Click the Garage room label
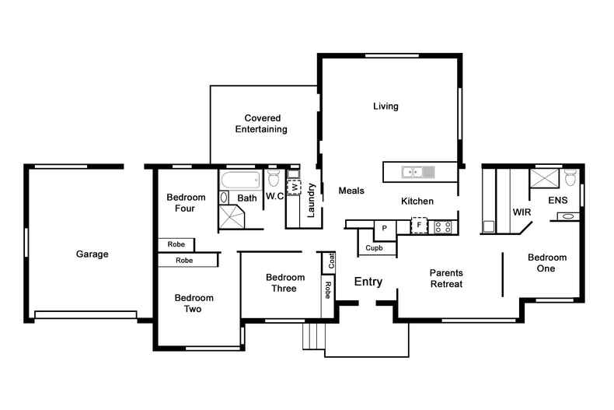(x=92, y=254)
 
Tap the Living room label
(x=385, y=107)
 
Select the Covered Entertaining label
(x=261, y=124)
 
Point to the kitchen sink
(x=418, y=172)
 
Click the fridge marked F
(x=419, y=225)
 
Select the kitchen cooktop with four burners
(x=443, y=227)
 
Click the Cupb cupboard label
(x=374, y=247)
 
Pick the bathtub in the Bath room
(x=241, y=180)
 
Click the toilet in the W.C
(x=274, y=177)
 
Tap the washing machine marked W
(x=294, y=187)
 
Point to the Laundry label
(x=311, y=200)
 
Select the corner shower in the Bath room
(x=232, y=216)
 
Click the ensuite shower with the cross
(x=544, y=178)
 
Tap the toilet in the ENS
(x=570, y=177)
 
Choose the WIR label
(x=522, y=212)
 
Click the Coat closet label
(x=332, y=261)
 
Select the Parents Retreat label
(x=446, y=279)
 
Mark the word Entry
(x=368, y=282)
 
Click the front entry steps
(x=314, y=336)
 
